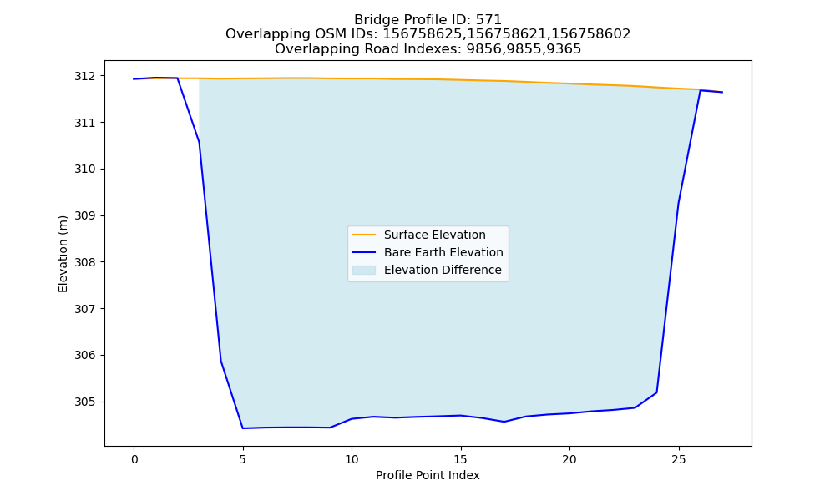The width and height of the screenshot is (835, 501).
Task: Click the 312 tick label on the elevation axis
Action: point(84,76)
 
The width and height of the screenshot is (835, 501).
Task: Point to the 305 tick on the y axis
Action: point(84,402)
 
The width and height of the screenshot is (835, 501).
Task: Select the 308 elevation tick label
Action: point(84,262)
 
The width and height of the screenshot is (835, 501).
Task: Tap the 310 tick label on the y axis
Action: point(84,170)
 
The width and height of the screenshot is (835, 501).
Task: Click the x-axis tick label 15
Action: point(461,459)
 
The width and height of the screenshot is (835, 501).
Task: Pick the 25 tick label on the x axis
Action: point(678,459)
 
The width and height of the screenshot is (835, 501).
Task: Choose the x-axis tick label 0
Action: point(134,459)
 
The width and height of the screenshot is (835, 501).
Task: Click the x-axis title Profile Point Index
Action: point(428,475)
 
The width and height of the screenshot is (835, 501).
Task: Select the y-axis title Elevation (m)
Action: point(63,254)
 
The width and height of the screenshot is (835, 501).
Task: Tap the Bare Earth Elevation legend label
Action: point(443,252)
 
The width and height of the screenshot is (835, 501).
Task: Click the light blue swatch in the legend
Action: point(364,270)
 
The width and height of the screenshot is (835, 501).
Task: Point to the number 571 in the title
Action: point(488,20)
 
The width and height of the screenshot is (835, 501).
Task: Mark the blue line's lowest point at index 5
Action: point(243,428)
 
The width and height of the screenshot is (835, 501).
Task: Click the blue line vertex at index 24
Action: point(656,392)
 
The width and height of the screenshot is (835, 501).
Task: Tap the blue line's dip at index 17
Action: point(504,422)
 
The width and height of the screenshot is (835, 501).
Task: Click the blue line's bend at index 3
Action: point(200,142)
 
